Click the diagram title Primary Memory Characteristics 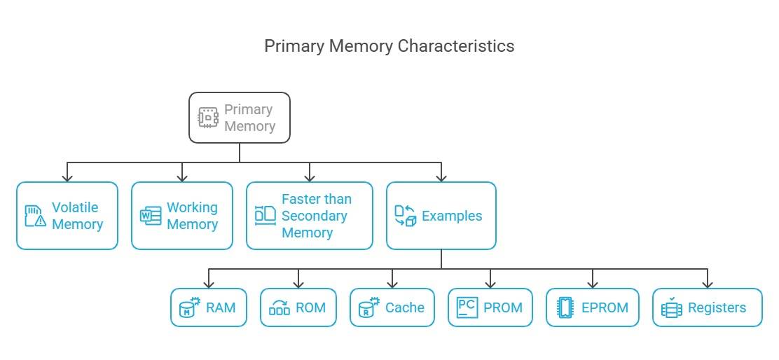click(389, 46)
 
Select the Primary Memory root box click(239, 118)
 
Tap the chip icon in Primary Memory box click(208, 118)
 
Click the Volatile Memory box click(67, 216)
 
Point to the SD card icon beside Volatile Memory click(35, 216)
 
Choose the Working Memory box click(182, 216)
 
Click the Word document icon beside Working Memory click(151, 216)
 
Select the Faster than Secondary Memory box click(309, 216)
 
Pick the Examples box click(441, 216)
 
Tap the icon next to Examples click(405, 216)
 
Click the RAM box click(209, 307)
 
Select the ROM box click(298, 307)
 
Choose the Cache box click(392, 307)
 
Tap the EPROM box click(593, 307)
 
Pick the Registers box click(707, 307)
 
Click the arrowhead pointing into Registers click(707, 284)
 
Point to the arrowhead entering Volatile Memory click(67, 177)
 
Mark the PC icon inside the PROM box click(467, 307)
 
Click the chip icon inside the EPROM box click(565, 307)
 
